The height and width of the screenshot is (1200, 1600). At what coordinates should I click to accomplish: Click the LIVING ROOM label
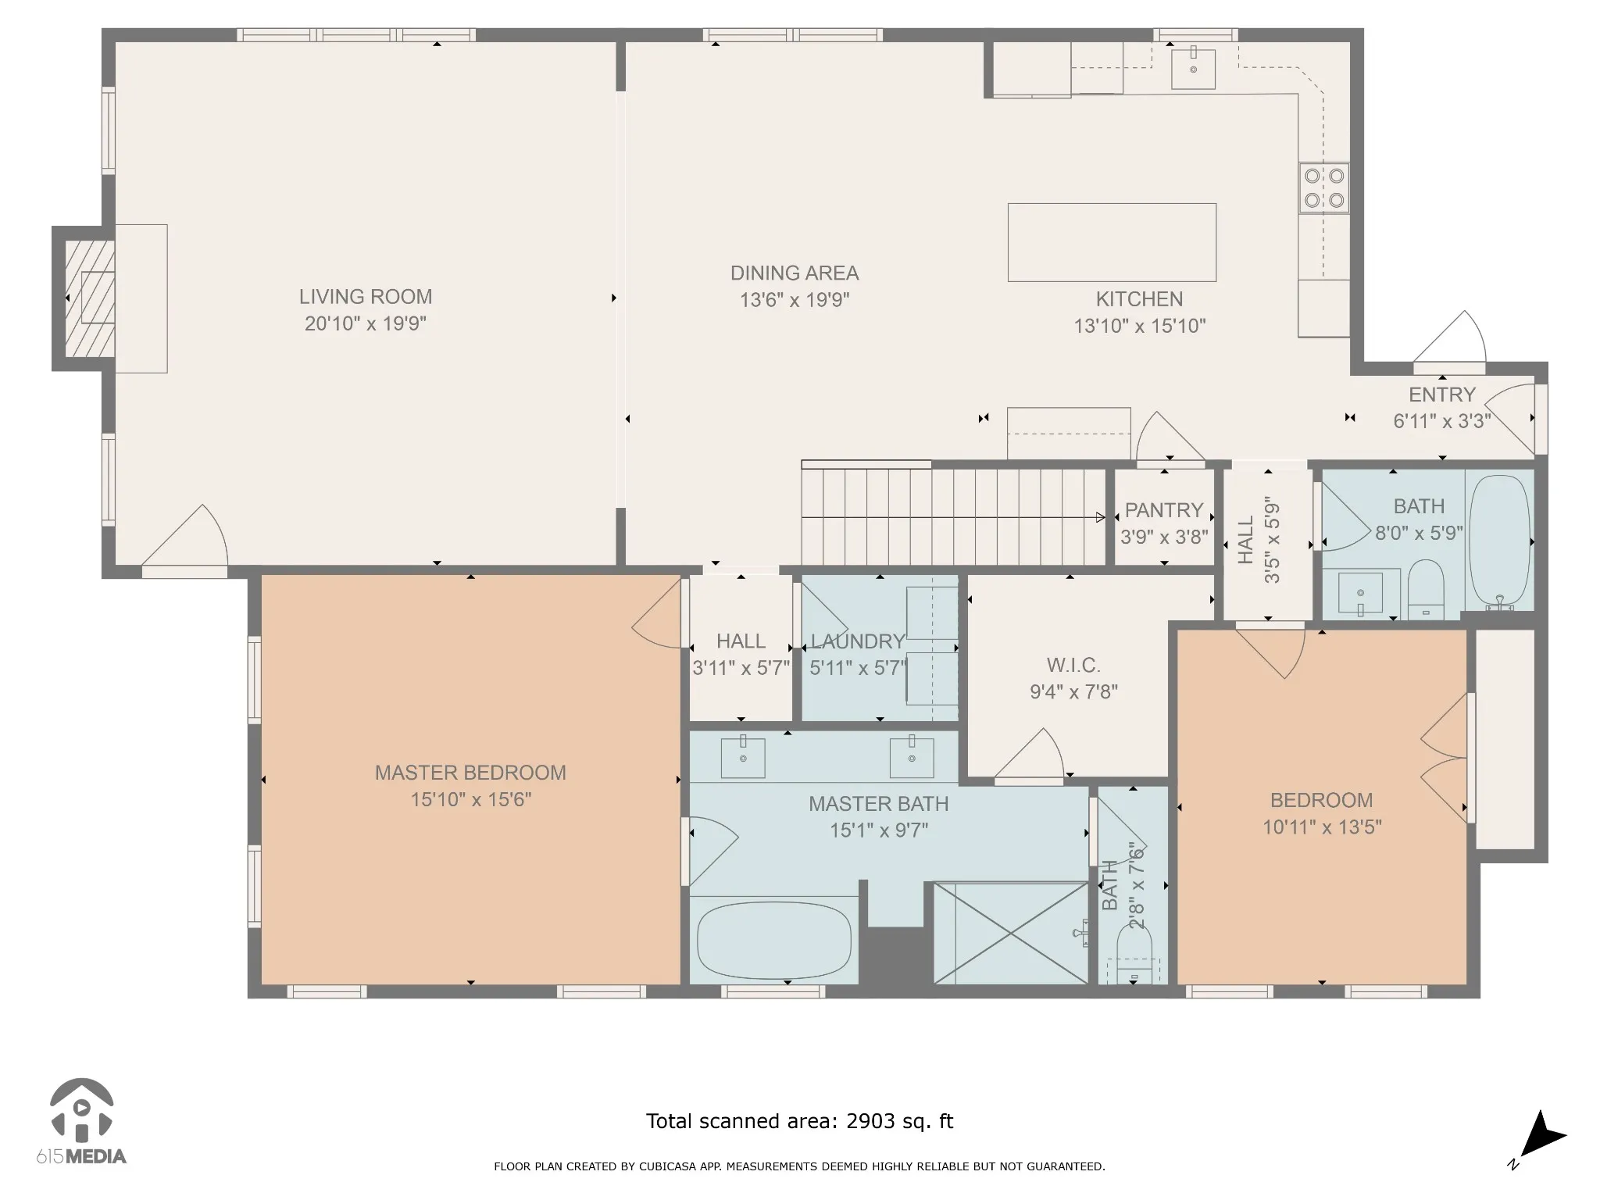pos(366,297)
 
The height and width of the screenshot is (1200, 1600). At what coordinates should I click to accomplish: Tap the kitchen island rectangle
pos(1112,242)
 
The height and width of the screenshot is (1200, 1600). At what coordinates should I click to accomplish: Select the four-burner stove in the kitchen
pos(1324,187)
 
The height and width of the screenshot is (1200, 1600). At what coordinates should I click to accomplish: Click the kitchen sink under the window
pos(1193,69)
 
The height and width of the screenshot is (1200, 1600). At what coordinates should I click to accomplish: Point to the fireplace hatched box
pos(90,298)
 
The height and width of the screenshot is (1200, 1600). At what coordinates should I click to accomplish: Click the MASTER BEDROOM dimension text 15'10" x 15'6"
pos(471,800)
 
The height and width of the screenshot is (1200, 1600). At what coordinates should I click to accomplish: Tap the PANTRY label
pos(1164,510)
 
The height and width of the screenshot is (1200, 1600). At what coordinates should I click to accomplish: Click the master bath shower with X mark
pos(1011,933)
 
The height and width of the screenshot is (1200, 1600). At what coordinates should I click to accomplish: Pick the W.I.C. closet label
pos(1073,666)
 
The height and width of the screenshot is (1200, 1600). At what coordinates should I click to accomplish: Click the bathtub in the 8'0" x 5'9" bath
pos(1500,541)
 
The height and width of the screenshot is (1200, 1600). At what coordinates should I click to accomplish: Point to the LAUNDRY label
pos(858,641)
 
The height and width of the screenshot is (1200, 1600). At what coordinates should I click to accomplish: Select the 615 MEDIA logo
pos(81,1122)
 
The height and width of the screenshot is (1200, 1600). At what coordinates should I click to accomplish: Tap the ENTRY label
pos(1442,395)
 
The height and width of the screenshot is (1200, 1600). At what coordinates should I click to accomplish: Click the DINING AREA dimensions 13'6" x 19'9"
pos(795,300)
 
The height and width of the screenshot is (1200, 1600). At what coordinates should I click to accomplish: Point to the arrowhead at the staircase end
pos(1100,517)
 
